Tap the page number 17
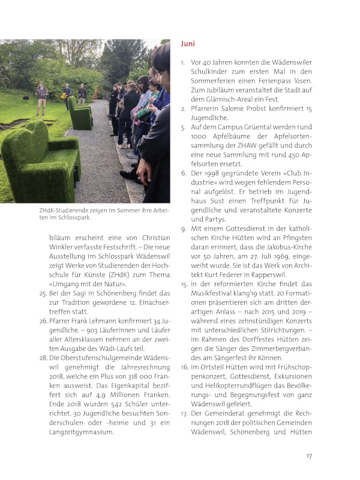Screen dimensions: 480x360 (309, 455)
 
